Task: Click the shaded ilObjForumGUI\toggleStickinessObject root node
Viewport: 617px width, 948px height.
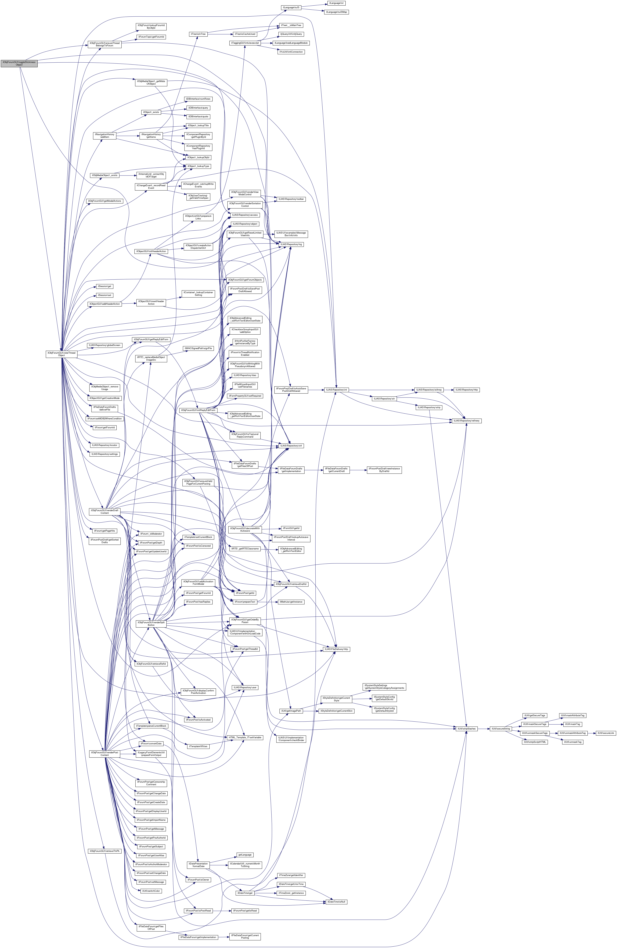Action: point(19,63)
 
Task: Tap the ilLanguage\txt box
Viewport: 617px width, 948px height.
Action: point(336,3)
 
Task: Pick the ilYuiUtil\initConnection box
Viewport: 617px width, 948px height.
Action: point(291,52)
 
